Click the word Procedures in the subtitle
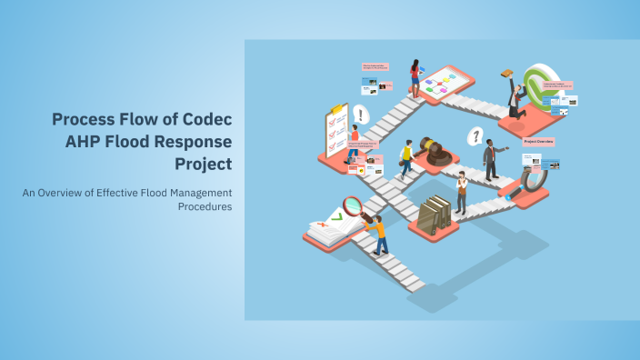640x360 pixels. tap(205, 206)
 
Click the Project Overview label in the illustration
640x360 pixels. tap(539, 142)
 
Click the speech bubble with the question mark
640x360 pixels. tap(474, 136)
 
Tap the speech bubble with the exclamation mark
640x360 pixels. tap(361, 115)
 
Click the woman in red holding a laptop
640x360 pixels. tap(415, 77)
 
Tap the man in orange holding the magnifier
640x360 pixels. tap(377, 233)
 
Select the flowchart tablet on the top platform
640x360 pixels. tap(444, 83)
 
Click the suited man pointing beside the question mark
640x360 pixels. tap(491, 159)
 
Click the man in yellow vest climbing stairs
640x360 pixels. tap(407, 158)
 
